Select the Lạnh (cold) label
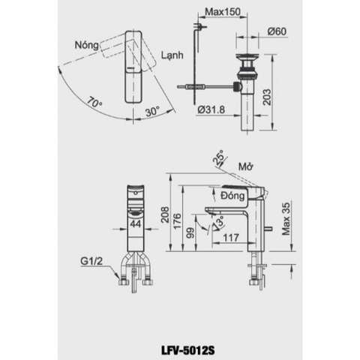pos(172,55)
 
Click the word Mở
pos(245,167)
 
